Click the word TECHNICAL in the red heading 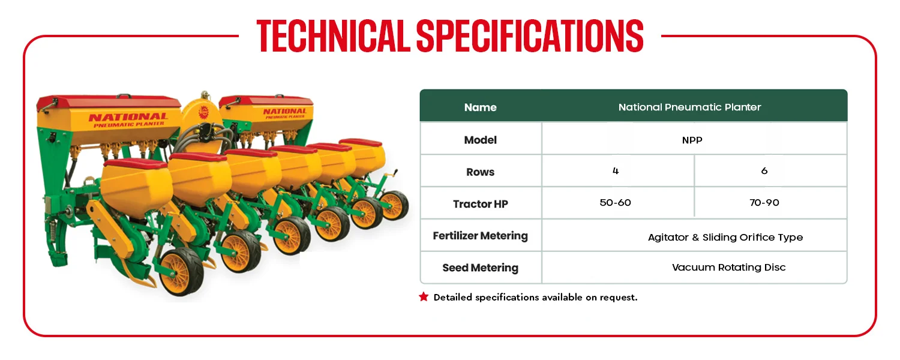coord(334,36)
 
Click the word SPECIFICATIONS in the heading coord(530,36)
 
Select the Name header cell coord(481,107)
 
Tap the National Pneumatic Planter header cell coord(689,107)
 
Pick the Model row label coord(481,140)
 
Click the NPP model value coord(692,140)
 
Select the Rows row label coord(481,172)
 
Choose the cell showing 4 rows coord(616,171)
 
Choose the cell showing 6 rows coord(764,171)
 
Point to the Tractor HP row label coord(481,204)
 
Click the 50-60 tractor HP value coord(615,203)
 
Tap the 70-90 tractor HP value coord(764,203)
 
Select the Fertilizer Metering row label coord(481,236)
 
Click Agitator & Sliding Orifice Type coord(725,238)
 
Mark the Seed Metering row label coord(481,268)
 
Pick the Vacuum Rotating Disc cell coord(728,267)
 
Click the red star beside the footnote coord(424,297)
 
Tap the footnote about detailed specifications coord(536,298)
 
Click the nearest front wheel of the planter coord(181,272)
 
